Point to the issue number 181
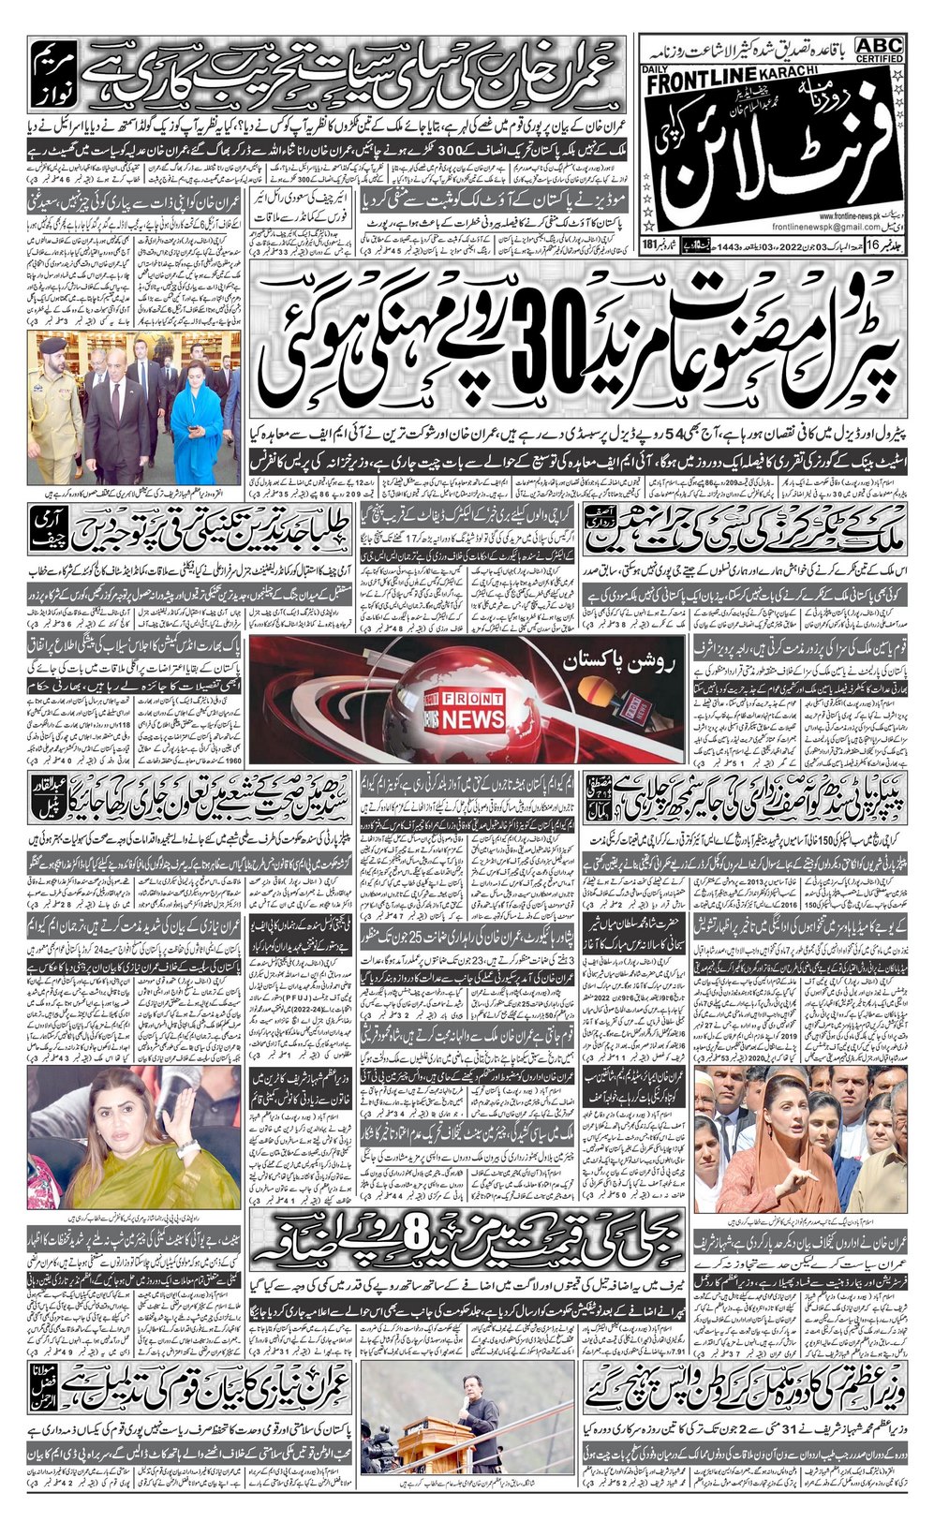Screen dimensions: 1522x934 point(651,272)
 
